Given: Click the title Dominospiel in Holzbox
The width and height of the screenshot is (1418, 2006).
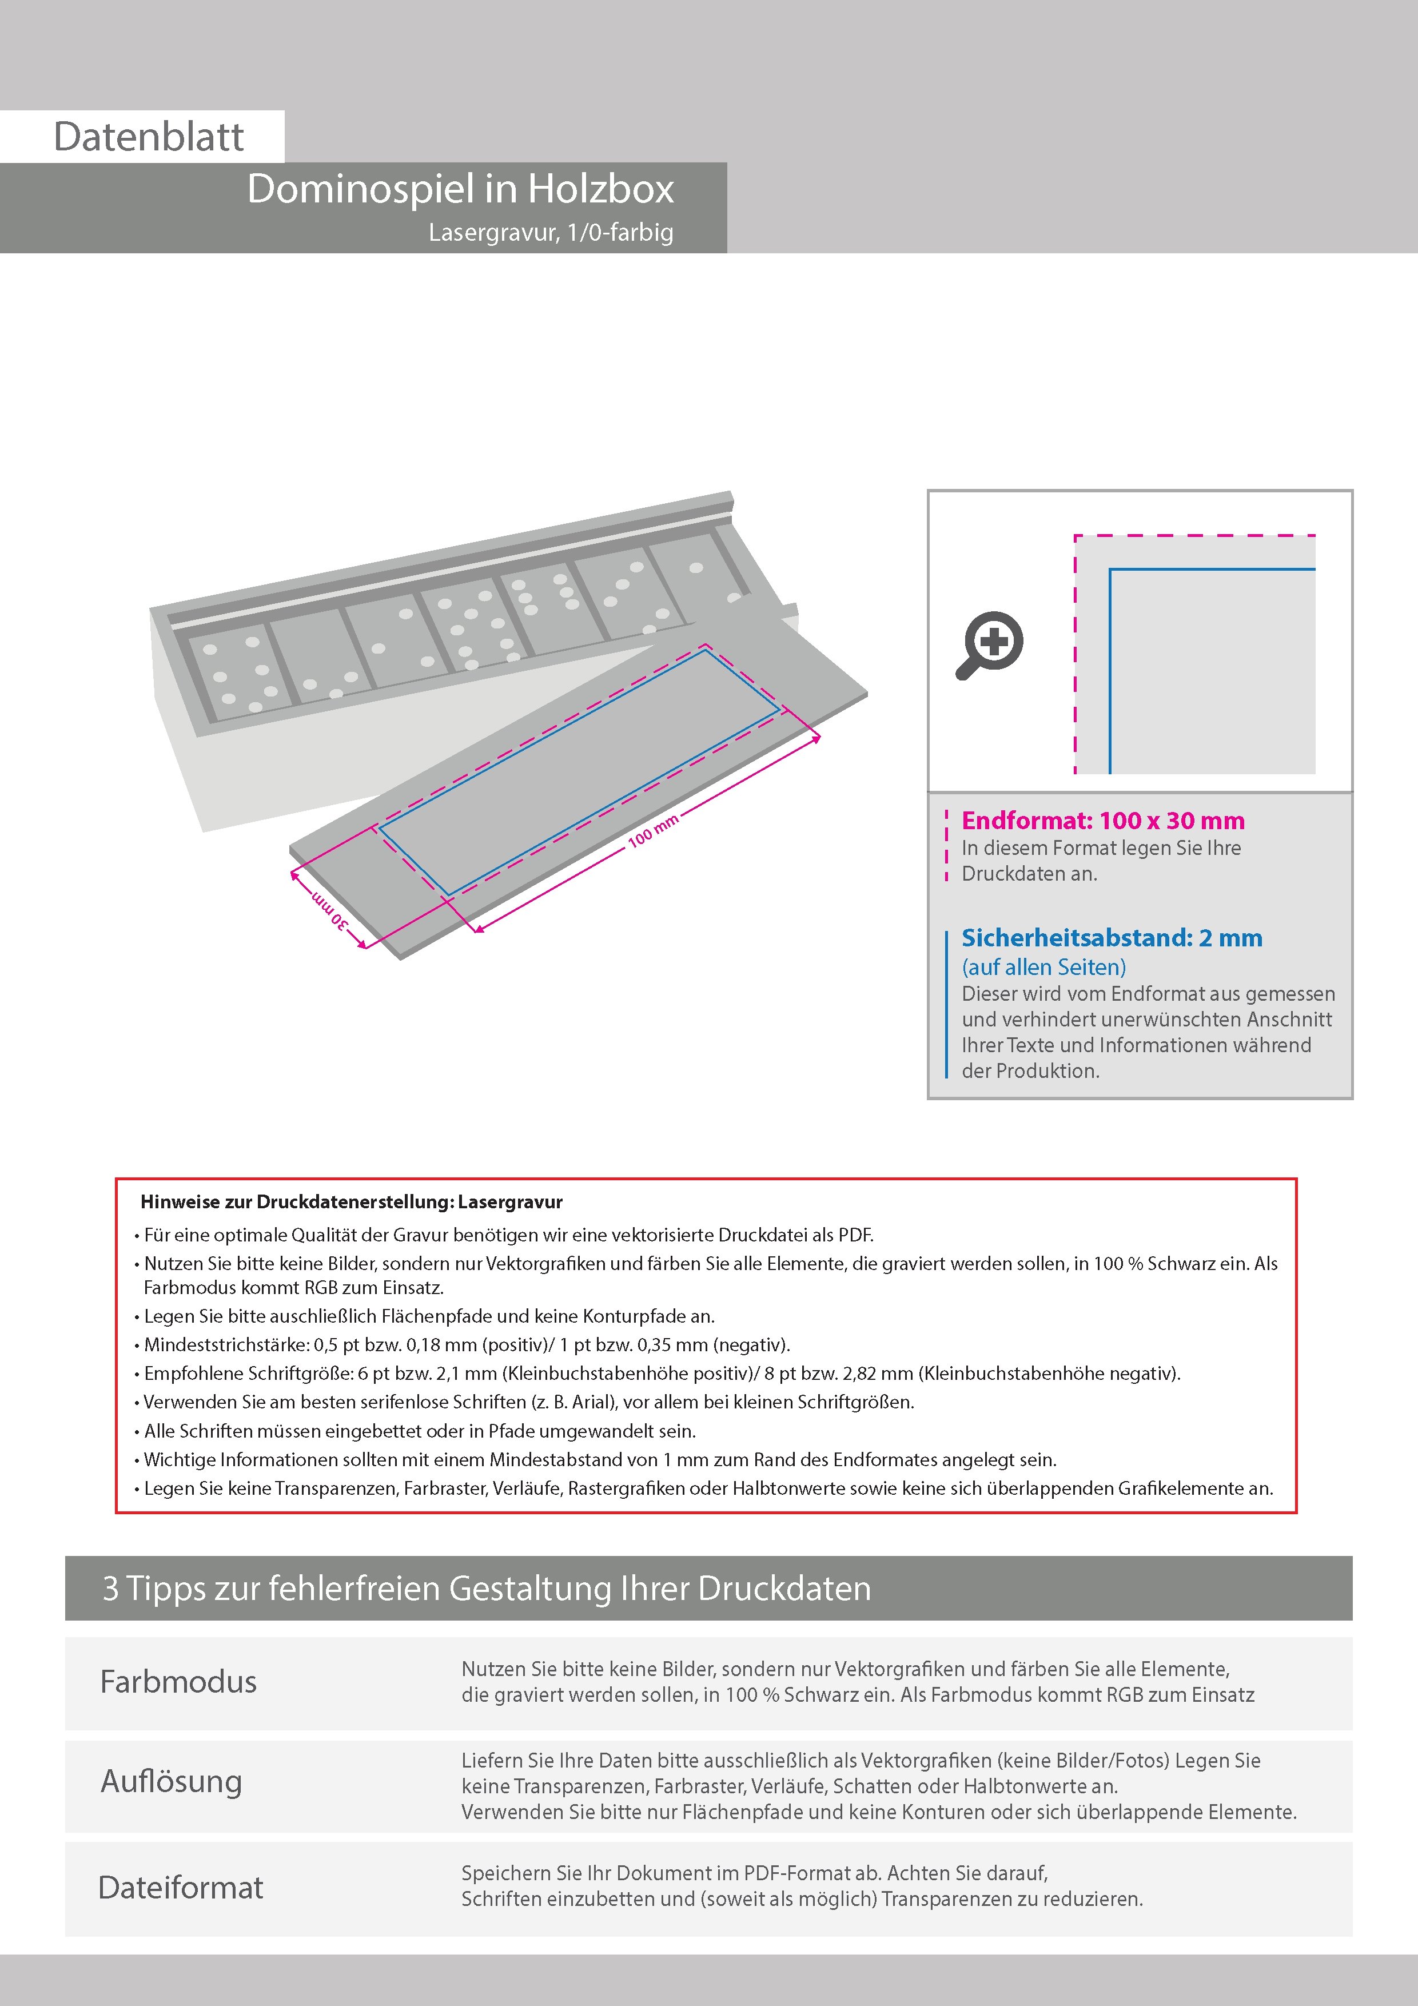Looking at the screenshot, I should pos(460,189).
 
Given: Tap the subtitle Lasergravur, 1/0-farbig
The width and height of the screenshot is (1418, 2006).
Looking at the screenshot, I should pos(551,232).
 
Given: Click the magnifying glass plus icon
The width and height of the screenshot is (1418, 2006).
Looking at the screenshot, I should pos(990,645).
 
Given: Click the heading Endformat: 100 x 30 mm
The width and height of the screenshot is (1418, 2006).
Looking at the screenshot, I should pos(1102,821).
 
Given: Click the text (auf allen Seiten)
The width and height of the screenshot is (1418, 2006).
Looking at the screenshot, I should pos(1043,967).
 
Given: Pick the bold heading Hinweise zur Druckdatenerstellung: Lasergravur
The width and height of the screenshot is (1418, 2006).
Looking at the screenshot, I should pos(351,1201).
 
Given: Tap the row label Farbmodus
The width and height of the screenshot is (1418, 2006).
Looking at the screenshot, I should pos(178,1681).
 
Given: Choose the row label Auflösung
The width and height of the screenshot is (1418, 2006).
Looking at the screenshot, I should pos(171,1781).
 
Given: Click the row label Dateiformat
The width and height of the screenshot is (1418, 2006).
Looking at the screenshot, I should pos(180,1887).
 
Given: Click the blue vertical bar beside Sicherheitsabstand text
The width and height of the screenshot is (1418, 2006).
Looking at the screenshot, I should pos(947,1005).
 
